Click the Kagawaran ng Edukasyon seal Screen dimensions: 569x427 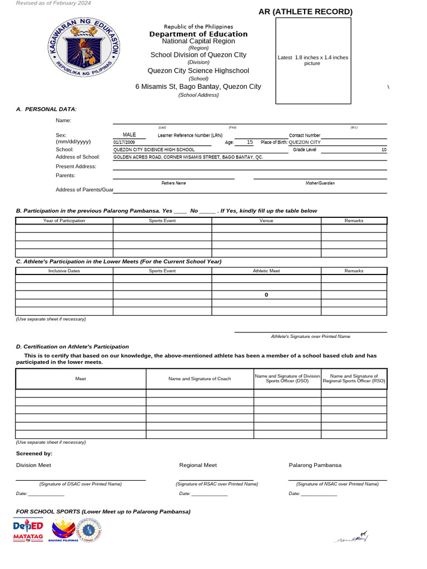tap(83, 51)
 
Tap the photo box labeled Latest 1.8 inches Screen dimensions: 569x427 tap(312, 61)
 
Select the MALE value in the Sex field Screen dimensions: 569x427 tap(129, 135)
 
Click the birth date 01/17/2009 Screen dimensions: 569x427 tap(124, 142)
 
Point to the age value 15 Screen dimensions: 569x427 tap(250, 142)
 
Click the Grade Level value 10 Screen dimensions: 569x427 tap(384, 150)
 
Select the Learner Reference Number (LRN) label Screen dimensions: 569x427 tap(190, 136)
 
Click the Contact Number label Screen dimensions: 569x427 tap(304, 136)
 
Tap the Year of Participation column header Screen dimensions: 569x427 tap(64, 221)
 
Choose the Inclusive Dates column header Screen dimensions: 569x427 tap(64, 271)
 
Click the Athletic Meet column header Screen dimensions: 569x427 tap(266, 271)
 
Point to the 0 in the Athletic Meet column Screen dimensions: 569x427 tap(266, 295)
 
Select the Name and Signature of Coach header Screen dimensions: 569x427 tap(200, 378)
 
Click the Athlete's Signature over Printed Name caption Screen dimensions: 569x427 tap(310, 336)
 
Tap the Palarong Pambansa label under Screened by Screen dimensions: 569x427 tap(315, 465)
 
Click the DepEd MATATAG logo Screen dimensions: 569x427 tap(28, 530)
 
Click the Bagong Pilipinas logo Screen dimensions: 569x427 tap(62, 530)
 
